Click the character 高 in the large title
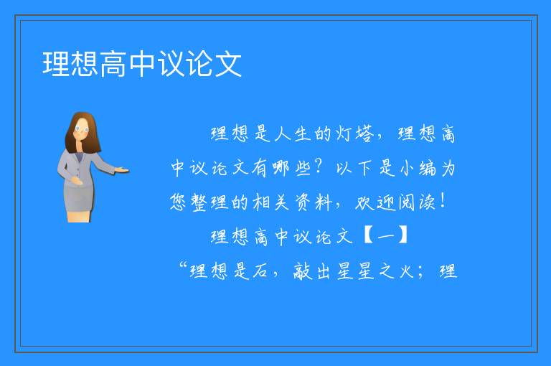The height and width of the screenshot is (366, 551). tap(113, 64)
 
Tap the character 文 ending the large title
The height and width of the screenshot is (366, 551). tap(228, 64)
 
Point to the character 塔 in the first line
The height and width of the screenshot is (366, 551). tap(364, 133)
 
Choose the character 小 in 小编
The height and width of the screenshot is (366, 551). tap(407, 168)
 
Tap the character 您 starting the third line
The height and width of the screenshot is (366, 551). tap(178, 202)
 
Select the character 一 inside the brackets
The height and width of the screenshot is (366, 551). tap(386, 236)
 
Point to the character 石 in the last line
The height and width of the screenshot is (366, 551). tap(259, 271)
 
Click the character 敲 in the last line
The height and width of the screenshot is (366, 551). tap(302, 271)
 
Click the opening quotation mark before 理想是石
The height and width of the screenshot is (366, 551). tap(183, 266)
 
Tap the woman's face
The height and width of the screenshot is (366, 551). tap(82, 128)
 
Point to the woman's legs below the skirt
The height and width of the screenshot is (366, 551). tap(79, 217)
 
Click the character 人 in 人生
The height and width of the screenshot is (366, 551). tap(283, 133)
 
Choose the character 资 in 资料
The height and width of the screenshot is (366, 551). tap(302, 202)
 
